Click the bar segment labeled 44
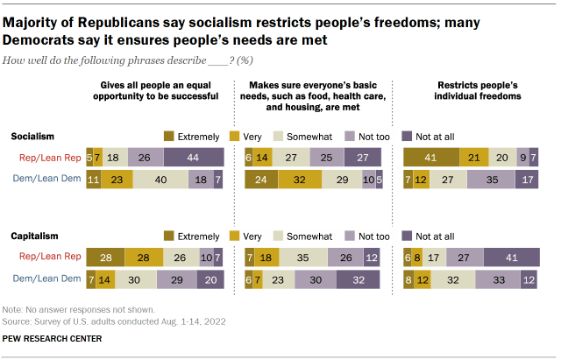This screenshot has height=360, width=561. (194, 158)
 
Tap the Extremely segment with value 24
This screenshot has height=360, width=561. (260, 179)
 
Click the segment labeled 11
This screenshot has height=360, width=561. (94, 179)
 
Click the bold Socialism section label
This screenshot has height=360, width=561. (32, 137)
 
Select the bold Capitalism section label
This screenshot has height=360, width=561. (33, 236)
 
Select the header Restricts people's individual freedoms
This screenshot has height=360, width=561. (474, 92)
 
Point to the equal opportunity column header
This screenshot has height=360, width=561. (159, 92)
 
